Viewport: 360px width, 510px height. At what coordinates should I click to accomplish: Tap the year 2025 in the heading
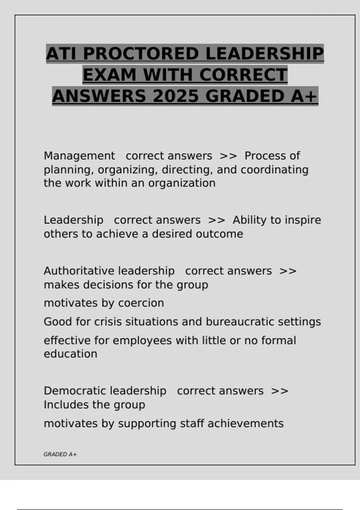[x=176, y=96]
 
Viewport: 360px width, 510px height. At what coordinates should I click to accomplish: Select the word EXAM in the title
[x=109, y=75]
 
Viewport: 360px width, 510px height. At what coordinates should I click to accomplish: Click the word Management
[x=79, y=156]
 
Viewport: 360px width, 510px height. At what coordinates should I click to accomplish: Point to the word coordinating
[x=274, y=169]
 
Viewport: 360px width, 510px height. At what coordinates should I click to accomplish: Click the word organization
[x=182, y=183]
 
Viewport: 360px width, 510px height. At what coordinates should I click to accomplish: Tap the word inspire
[x=303, y=220]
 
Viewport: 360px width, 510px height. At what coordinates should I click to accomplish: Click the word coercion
[x=141, y=303]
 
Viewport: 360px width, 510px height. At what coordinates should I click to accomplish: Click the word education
[x=70, y=354]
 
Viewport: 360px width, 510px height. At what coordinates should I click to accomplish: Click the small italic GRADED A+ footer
[x=60, y=454]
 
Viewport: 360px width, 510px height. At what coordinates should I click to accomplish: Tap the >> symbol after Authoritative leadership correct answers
[x=288, y=271]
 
